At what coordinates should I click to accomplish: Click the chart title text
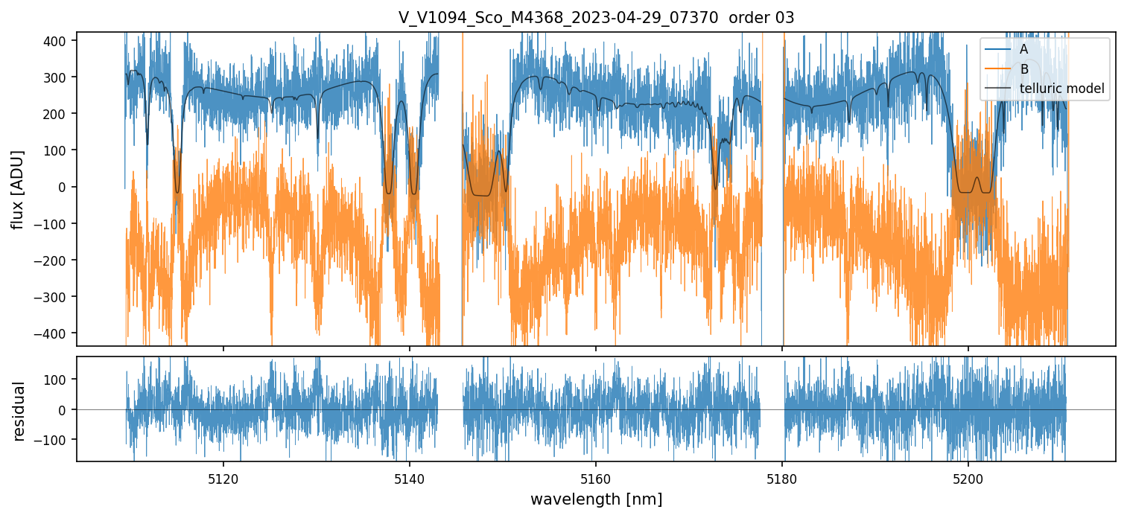coord(596,18)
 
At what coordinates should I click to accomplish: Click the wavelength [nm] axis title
coord(596,499)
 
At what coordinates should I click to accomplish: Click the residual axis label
coord(19,411)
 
